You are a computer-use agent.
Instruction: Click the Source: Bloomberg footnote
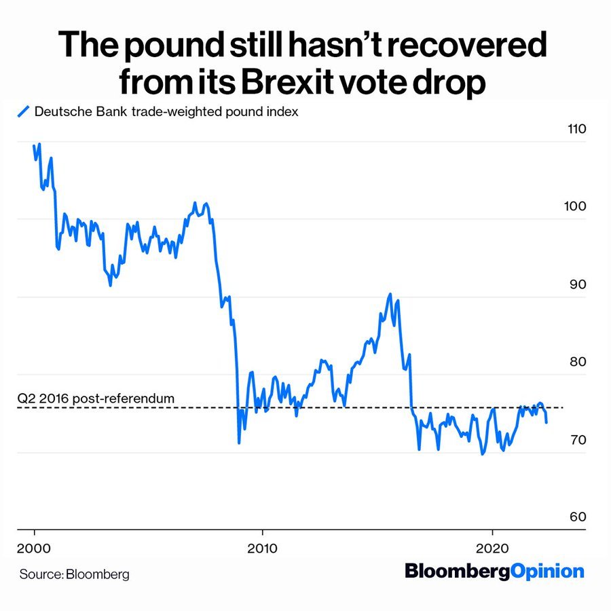tap(74, 574)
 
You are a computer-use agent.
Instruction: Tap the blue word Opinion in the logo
tap(547, 571)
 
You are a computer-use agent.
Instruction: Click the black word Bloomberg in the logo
tap(457, 571)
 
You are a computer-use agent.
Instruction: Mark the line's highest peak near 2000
tap(39, 144)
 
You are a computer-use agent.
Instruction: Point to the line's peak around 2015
tap(390, 294)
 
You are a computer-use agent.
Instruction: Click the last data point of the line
tap(547, 422)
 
